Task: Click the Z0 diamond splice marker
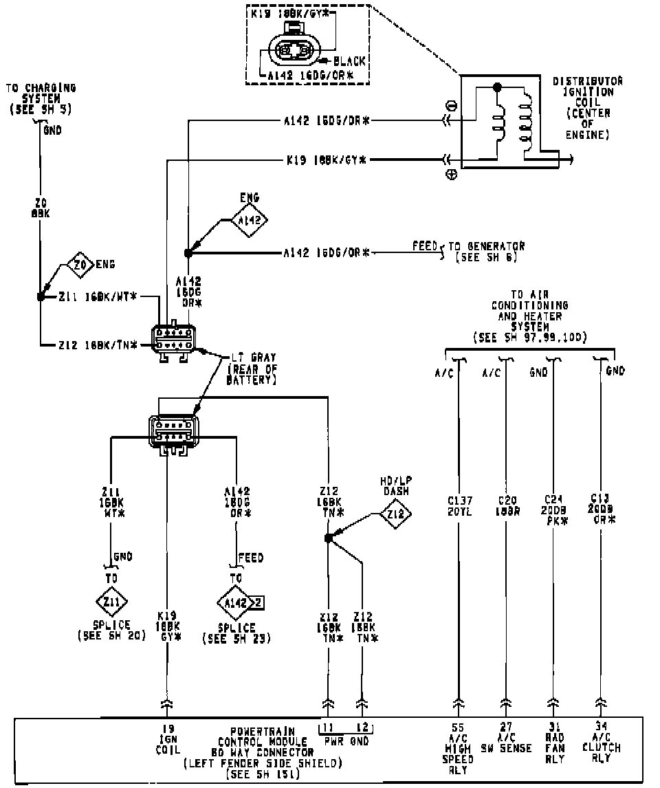(80, 264)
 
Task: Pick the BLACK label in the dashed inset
(349, 61)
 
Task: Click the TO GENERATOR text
(487, 246)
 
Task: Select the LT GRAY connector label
(252, 358)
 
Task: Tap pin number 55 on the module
(458, 728)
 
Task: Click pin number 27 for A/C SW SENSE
(506, 728)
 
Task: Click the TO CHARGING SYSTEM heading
(41, 98)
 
